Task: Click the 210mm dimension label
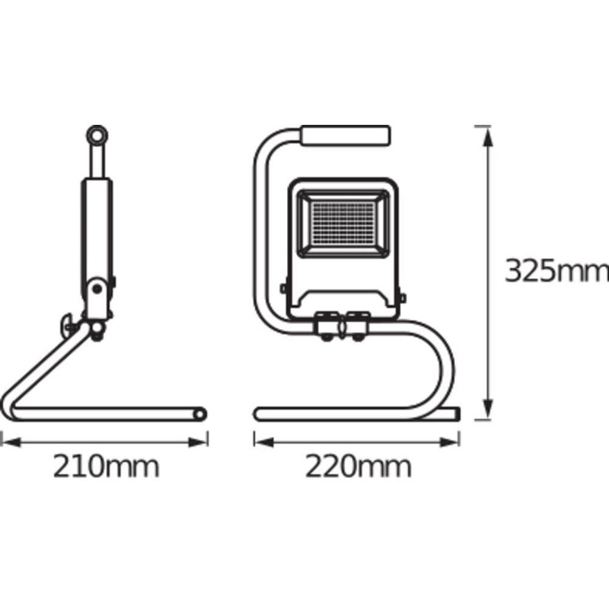tap(106, 467)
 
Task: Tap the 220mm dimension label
tap(358, 467)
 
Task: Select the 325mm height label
tap(556, 271)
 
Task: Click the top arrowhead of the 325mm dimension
tap(488, 136)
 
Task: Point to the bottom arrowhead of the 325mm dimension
tap(488, 409)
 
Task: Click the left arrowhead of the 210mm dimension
tap(11, 442)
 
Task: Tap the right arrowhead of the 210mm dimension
tap(198, 442)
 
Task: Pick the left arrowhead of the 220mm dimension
tap(264, 442)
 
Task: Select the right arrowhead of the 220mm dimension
tap(450, 442)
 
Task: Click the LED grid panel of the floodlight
tap(343, 223)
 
